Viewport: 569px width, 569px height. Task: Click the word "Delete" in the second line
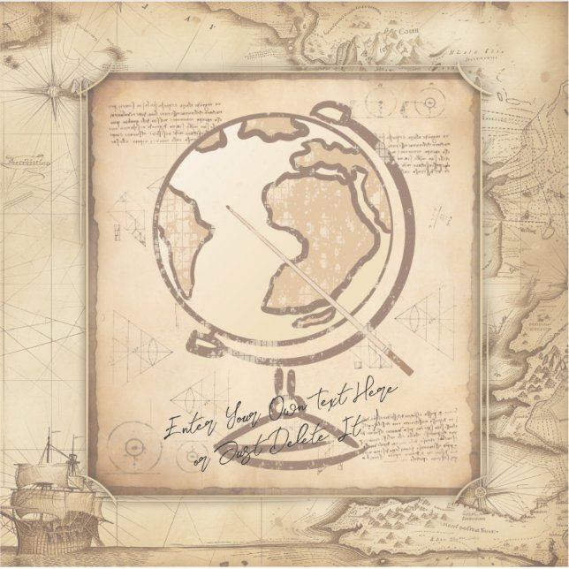click(276, 444)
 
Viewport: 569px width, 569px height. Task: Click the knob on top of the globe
click(328, 111)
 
